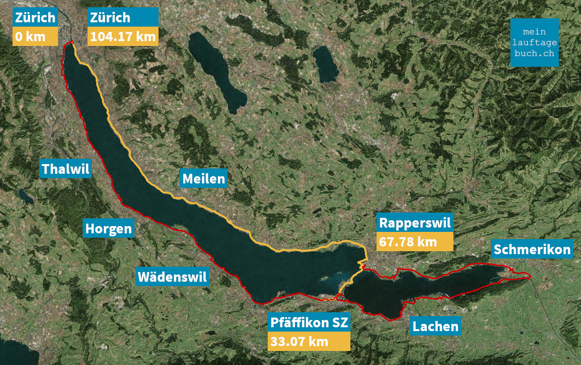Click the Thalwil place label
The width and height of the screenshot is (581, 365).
point(66,169)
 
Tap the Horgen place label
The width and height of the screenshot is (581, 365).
point(108,228)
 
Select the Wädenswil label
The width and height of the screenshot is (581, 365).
point(173,277)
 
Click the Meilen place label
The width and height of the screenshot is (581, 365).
point(203,179)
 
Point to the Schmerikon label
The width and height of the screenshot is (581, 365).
point(532,250)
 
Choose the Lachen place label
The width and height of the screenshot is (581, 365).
point(435,326)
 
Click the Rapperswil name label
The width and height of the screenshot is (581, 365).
point(415,223)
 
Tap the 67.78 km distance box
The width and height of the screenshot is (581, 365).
point(415,242)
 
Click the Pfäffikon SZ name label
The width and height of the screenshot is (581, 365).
point(309,323)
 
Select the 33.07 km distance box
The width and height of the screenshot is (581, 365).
point(309,341)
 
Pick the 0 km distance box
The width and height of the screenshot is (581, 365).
point(35,36)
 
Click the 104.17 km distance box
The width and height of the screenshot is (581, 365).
point(123,36)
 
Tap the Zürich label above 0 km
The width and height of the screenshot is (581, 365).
point(35,18)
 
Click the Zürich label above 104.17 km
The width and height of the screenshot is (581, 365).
point(123,18)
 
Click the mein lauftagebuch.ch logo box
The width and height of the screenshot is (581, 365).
point(534,43)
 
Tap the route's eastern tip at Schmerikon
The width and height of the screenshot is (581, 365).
point(530,276)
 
